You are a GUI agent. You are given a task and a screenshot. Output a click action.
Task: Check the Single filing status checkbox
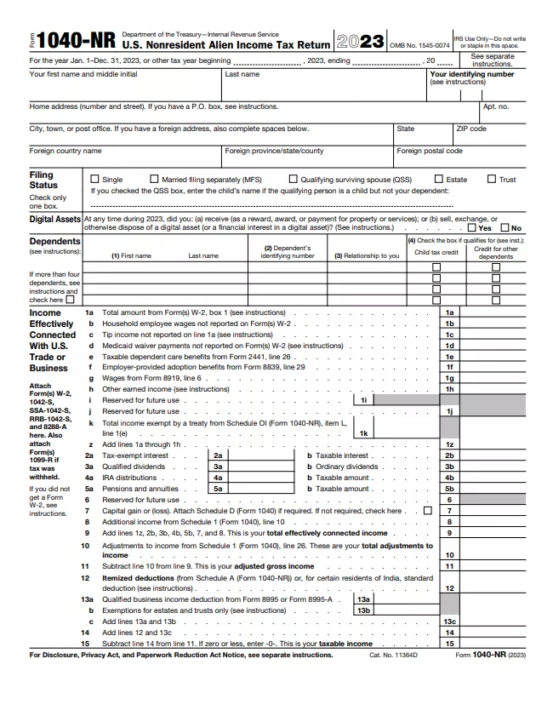(95, 180)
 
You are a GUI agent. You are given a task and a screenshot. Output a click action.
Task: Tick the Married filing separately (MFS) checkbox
(154, 180)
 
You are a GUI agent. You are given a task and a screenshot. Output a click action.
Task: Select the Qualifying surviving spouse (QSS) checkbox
(293, 180)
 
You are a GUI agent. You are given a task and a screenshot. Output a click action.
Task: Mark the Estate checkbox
(439, 180)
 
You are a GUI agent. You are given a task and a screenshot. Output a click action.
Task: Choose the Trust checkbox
(492, 180)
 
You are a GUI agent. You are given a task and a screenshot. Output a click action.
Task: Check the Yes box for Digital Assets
(472, 228)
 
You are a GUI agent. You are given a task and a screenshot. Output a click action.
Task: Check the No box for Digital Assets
(505, 228)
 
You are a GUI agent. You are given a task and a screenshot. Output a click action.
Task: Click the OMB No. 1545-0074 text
(419, 45)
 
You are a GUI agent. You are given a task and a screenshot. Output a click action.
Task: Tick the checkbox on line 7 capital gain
(427, 511)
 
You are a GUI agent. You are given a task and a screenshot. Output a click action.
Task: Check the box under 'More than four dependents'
(70, 300)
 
